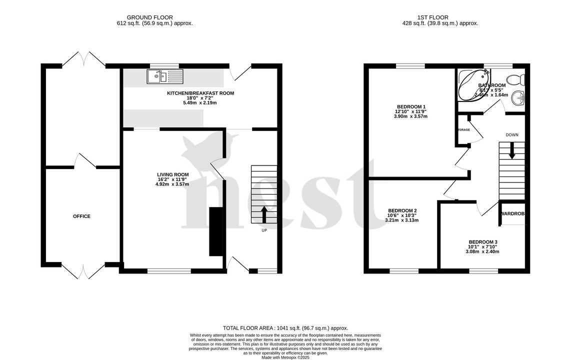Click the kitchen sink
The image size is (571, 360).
click(x=165, y=76)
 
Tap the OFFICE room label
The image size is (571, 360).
click(x=81, y=216)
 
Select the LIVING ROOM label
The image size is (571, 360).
click(x=172, y=174)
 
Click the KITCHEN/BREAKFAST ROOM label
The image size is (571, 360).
click(x=200, y=93)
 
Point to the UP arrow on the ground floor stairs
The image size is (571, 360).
click(x=263, y=214)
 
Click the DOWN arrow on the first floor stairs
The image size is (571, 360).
click(x=511, y=151)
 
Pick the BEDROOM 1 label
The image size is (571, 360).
click(x=411, y=106)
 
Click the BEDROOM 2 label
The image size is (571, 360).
click(x=402, y=210)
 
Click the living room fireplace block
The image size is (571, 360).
click(x=215, y=231)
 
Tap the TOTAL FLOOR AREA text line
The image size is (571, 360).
click(x=285, y=328)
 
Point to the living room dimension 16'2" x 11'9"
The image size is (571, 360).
click(x=172, y=179)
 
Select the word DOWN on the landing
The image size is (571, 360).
click(x=511, y=135)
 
